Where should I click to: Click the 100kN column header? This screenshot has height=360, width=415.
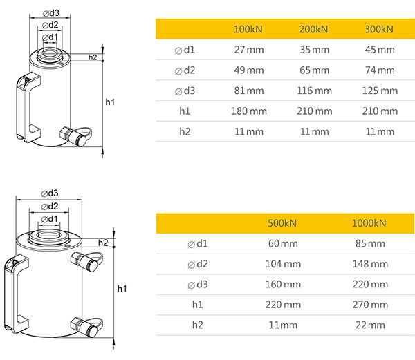coord(248,29)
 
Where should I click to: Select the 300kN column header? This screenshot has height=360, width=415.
coord(379,29)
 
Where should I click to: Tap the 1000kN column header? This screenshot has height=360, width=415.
coord(369,223)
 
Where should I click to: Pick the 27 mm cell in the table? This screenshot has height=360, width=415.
coord(249,50)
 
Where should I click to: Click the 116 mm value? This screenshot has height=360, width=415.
coord(315,91)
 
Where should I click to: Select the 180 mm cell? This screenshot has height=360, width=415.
coord(249,111)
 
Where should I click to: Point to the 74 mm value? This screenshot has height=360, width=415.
coord(380,70)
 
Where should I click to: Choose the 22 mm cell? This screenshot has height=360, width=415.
coord(370,325)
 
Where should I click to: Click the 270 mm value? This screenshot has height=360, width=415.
coord(370,305)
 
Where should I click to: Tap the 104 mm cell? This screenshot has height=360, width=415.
coord(283,264)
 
